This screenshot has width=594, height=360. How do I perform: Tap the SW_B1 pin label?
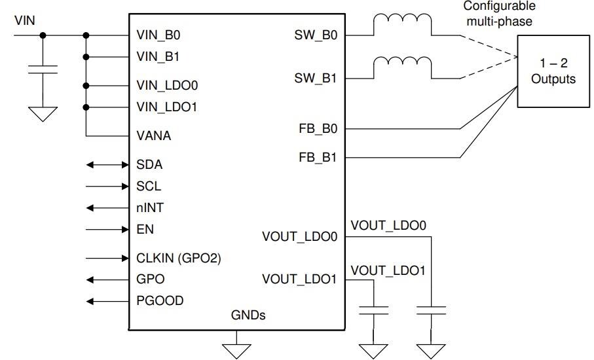coord(316,79)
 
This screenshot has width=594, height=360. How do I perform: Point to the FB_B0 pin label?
coord(316,130)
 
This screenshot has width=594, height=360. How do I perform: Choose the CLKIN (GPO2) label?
coord(178,258)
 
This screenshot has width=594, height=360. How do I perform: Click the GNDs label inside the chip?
coord(248,315)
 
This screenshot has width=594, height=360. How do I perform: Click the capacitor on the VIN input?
coord(43,70)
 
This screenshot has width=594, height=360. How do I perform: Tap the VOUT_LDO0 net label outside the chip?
coord(388,226)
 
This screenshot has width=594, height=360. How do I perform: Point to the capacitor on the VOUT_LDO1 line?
coord(374,309)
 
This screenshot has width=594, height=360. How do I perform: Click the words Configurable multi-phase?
coord(499,13)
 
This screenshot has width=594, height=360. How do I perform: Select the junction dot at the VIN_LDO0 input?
coord(86,86)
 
